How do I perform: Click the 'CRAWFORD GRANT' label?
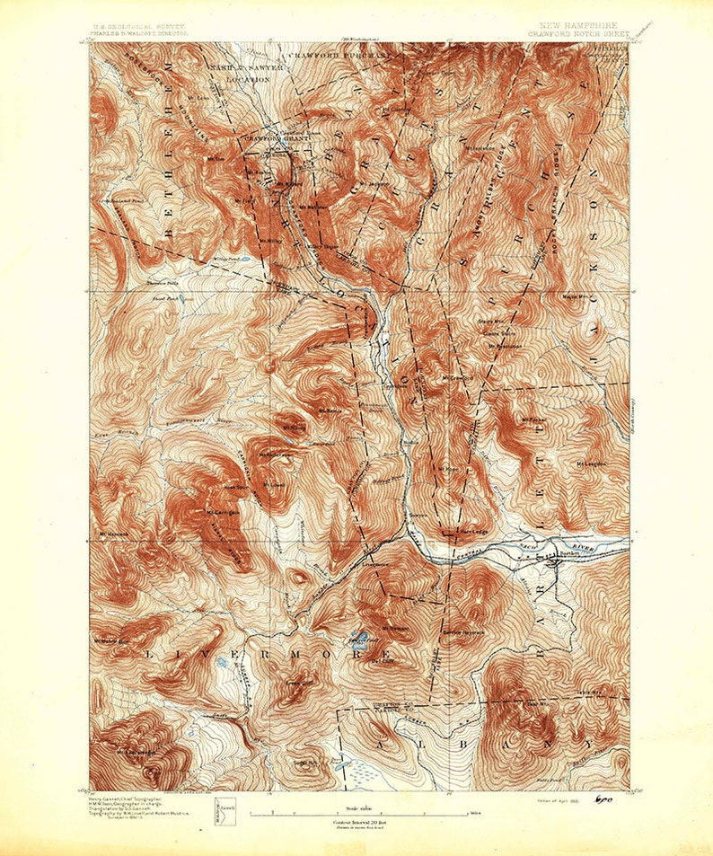[268, 138]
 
